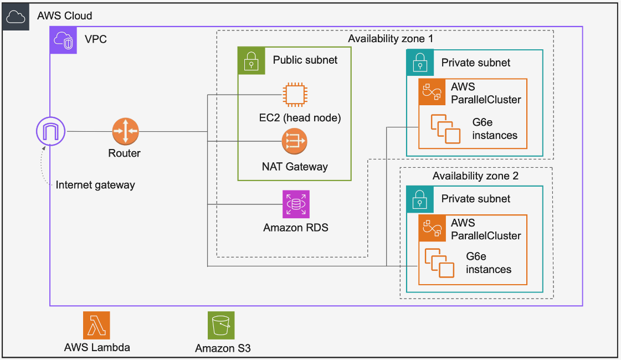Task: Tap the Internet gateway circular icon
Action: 50,131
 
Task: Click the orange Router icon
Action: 125,132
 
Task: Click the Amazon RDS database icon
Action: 296,204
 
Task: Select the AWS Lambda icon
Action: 97,325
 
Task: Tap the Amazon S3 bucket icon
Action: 221,325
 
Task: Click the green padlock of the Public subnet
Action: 252,60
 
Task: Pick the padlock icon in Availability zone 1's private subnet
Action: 420,63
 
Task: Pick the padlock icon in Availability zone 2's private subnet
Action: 420,199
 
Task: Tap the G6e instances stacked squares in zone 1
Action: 446,128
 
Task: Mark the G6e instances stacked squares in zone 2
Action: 439,263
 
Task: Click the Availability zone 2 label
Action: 475,176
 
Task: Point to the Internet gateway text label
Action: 95,185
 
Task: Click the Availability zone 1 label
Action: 390,39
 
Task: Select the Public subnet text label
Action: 305,60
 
